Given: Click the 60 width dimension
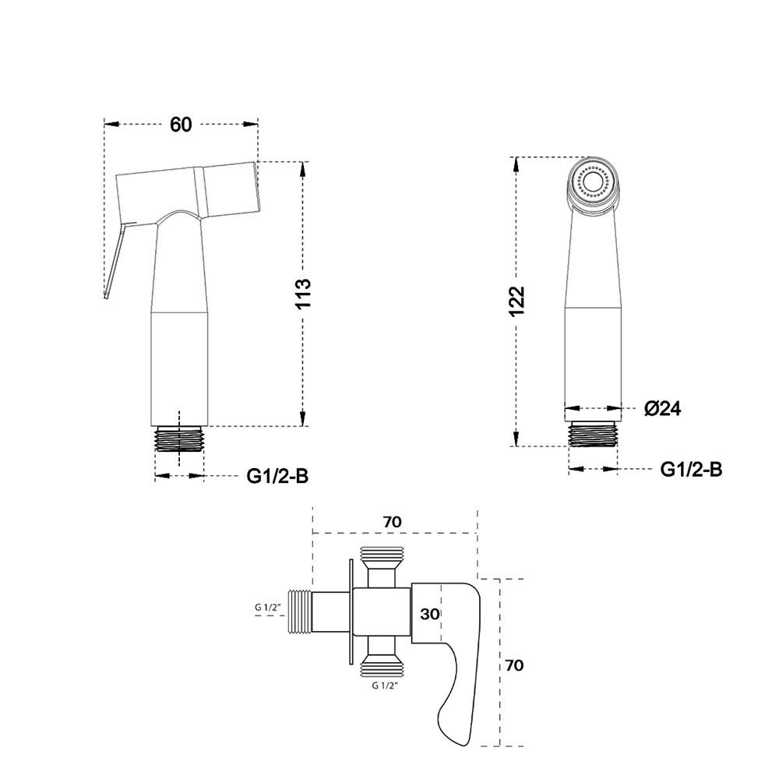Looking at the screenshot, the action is tap(181, 124).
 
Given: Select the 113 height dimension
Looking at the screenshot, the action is tap(303, 294).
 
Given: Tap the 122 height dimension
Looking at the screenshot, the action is tap(516, 301).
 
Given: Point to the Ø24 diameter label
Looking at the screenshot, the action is tap(663, 408).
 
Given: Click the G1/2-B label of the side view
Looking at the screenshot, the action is tap(278, 476).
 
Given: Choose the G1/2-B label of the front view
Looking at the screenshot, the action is tap(691, 469).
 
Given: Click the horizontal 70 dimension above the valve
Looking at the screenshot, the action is tap(392, 522).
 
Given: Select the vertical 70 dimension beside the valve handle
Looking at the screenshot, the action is tap(514, 664).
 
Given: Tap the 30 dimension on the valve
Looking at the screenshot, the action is tap(430, 614).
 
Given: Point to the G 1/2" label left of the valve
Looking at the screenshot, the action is tap(268, 607).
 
